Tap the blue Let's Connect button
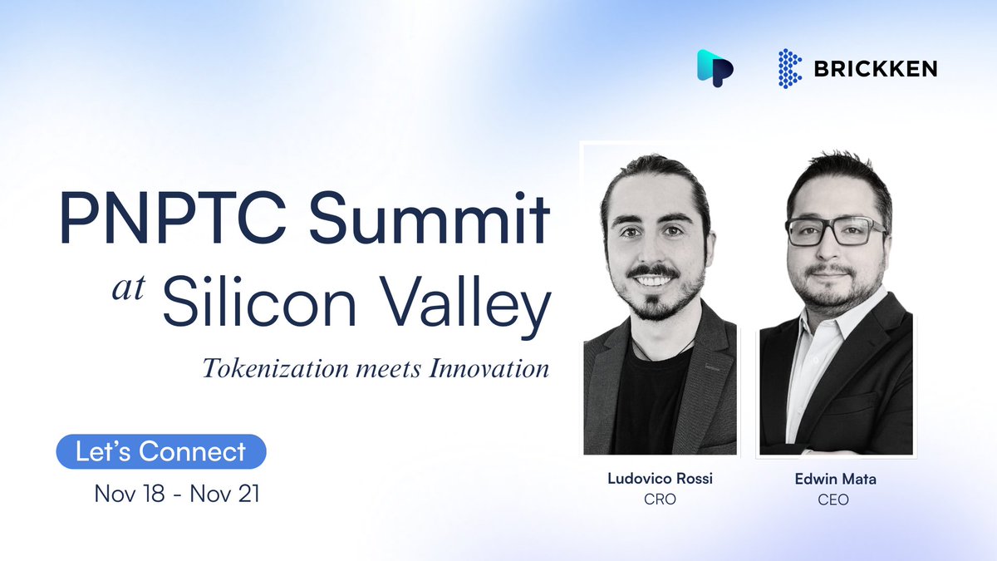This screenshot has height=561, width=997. tap(160, 451)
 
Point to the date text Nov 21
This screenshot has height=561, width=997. tap(225, 494)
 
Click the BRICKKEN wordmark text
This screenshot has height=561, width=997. tap(876, 69)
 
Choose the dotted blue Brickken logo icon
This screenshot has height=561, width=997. tap(789, 68)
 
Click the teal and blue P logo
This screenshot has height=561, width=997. tap(714, 66)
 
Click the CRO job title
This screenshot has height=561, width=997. tap(660, 500)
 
